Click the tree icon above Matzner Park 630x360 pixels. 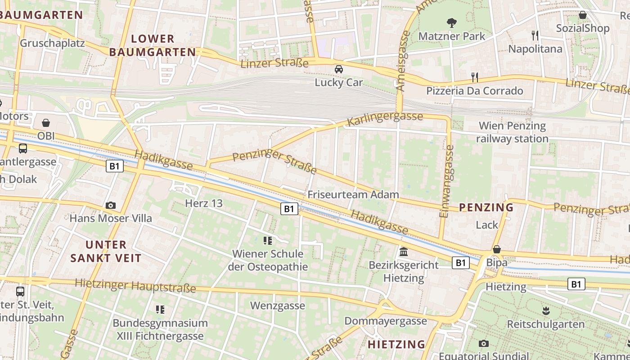451,22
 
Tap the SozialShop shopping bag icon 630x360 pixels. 583,15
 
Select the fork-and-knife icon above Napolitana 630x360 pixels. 535,35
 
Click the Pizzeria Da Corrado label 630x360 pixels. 475,91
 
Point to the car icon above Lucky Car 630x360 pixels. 338,69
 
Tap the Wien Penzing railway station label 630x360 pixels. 512,132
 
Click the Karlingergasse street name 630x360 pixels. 385,119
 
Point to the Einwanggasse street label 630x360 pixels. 446,181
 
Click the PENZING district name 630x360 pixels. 486,207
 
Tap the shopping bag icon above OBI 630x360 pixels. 45,123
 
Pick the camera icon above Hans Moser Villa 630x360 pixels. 110,206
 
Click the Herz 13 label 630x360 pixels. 204,203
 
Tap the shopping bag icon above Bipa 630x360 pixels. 497,249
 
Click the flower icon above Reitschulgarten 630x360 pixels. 546,310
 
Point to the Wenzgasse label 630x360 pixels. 278,306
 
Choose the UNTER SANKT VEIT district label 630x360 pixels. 106,252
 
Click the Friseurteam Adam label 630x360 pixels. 353,195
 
